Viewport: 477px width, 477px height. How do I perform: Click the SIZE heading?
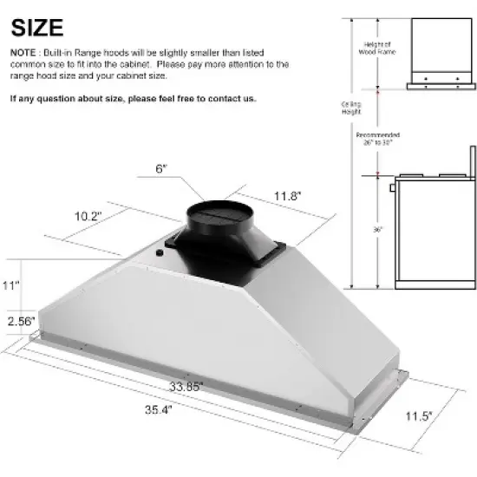(36, 27)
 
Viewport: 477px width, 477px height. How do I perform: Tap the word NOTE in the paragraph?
(24, 54)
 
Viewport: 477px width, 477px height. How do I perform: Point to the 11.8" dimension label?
(288, 197)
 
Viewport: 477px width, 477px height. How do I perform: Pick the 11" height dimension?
(10, 284)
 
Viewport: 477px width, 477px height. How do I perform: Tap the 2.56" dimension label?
(20, 321)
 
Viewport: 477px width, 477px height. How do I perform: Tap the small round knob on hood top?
(160, 253)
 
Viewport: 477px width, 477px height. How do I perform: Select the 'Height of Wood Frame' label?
(376, 49)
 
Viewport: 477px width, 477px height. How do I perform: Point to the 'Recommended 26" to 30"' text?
(378, 140)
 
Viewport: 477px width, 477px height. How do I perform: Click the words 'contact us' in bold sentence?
(235, 99)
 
